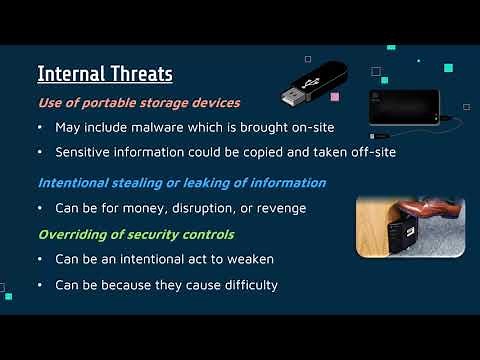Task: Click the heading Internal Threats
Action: tap(105, 74)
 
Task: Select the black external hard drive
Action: tap(402, 106)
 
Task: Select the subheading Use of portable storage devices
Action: tap(138, 102)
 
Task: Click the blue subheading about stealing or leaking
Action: tap(181, 183)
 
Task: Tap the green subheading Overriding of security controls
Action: tap(136, 235)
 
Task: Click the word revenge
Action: tap(282, 209)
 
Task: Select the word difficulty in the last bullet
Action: tap(243, 286)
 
